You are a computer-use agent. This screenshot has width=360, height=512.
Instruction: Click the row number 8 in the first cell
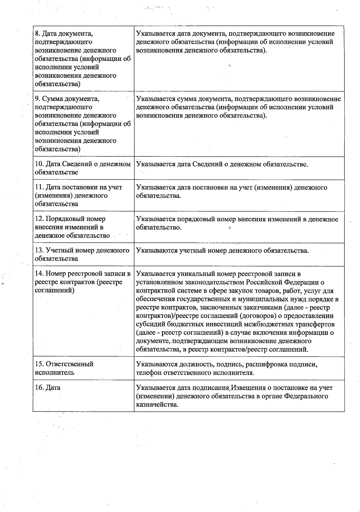[37, 34]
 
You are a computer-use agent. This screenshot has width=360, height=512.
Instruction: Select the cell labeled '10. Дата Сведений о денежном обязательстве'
[83, 168]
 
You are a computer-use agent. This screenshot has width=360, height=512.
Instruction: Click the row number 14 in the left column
[39, 274]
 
